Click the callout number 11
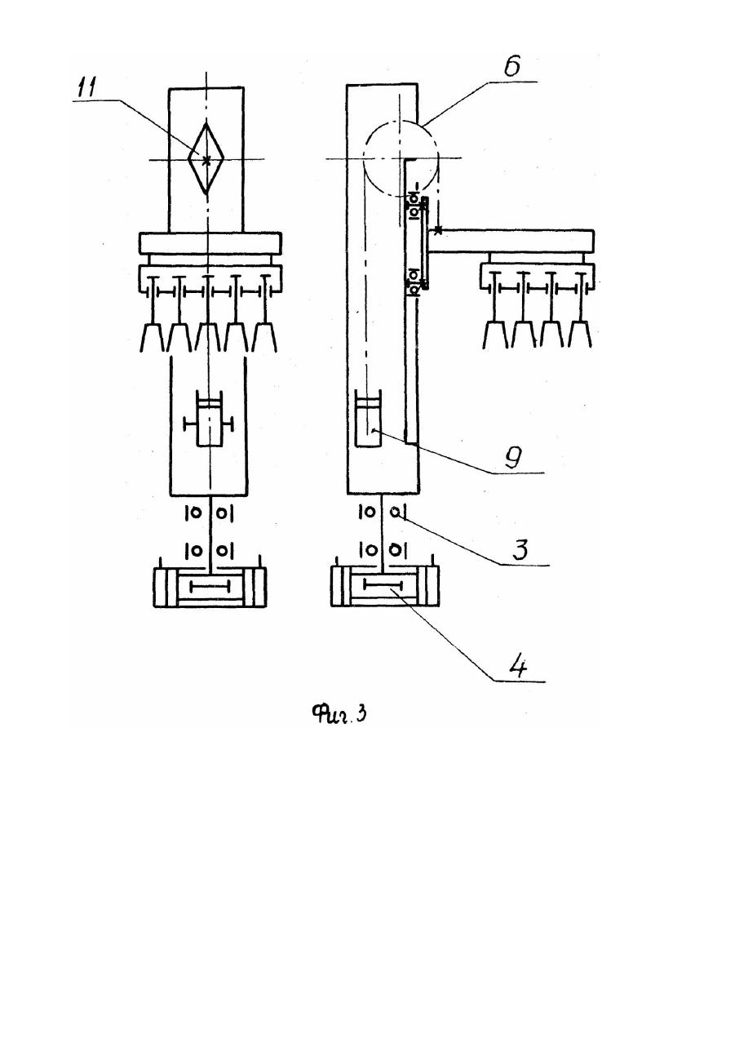(86, 87)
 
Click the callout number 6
(512, 65)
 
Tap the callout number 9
(514, 458)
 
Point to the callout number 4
(519, 667)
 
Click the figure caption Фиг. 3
(339, 713)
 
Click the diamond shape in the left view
(206, 158)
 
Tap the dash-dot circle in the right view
(401, 122)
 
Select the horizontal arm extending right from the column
(511, 241)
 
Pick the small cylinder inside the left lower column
(209, 423)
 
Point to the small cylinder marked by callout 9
(368, 418)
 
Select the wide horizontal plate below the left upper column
(210, 243)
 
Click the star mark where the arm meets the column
(437, 230)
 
